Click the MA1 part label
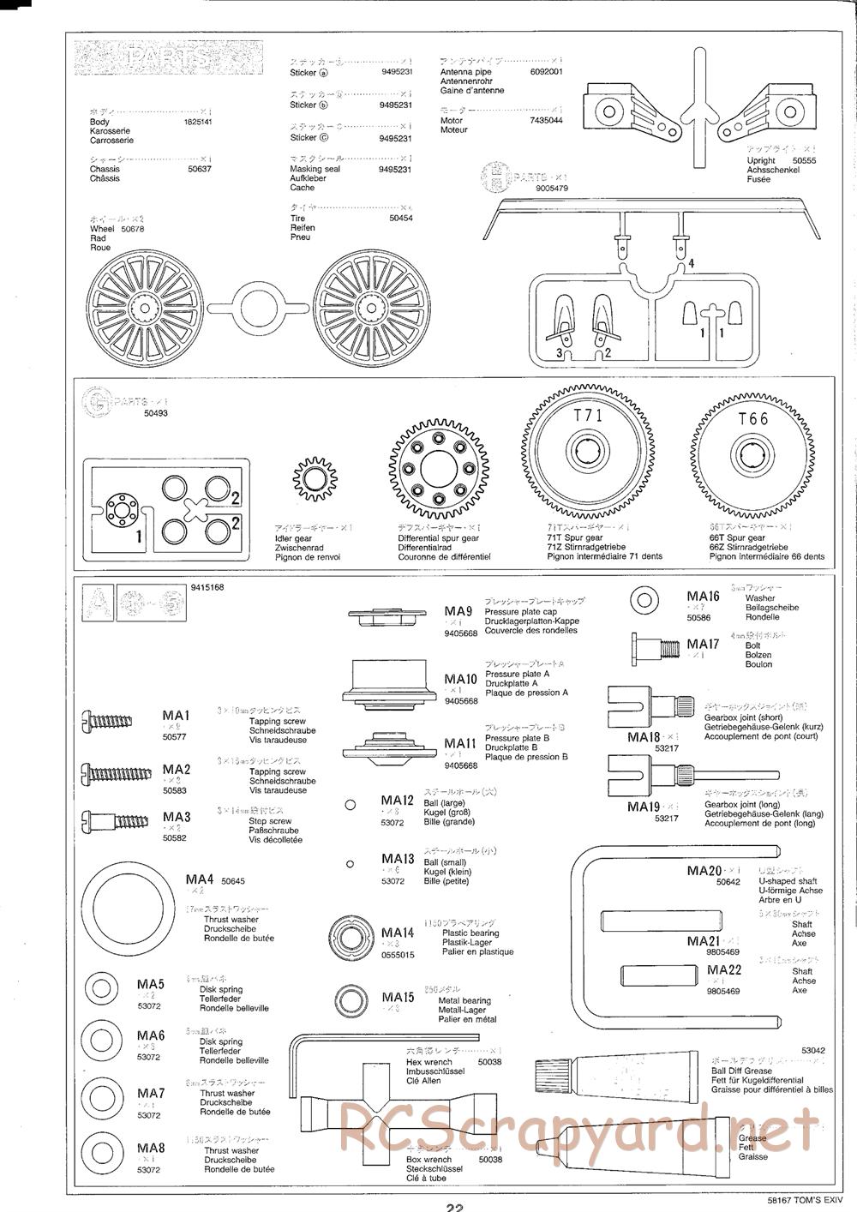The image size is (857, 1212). [x=176, y=716]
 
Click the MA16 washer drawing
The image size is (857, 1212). [x=644, y=599]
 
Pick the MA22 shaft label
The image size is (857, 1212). [x=724, y=969]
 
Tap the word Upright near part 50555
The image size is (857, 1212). [x=760, y=161]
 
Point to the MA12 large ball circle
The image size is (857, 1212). [x=350, y=805]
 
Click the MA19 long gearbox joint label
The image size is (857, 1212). [x=643, y=807]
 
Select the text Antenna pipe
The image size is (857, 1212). [x=465, y=72]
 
